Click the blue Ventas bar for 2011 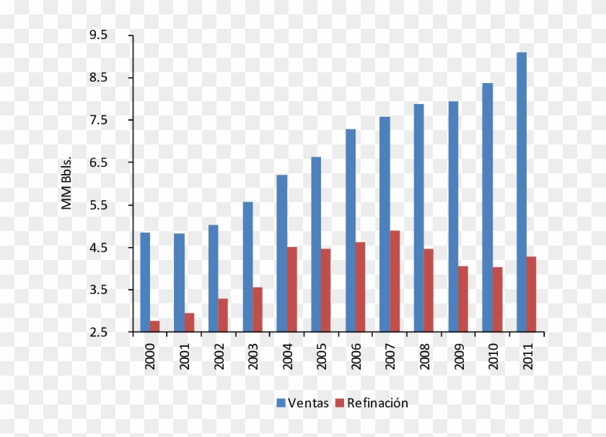click(x=521, y=192)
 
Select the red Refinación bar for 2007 click(x=394, y=282)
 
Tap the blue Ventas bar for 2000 click(x=145, y=282)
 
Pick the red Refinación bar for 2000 click(x=154, y=326)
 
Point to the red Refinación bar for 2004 click(x=291, y=290)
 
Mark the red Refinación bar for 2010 click(x=497, y=300)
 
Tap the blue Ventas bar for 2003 click(x=247, y=267)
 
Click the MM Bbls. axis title click(x=66, y=183)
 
